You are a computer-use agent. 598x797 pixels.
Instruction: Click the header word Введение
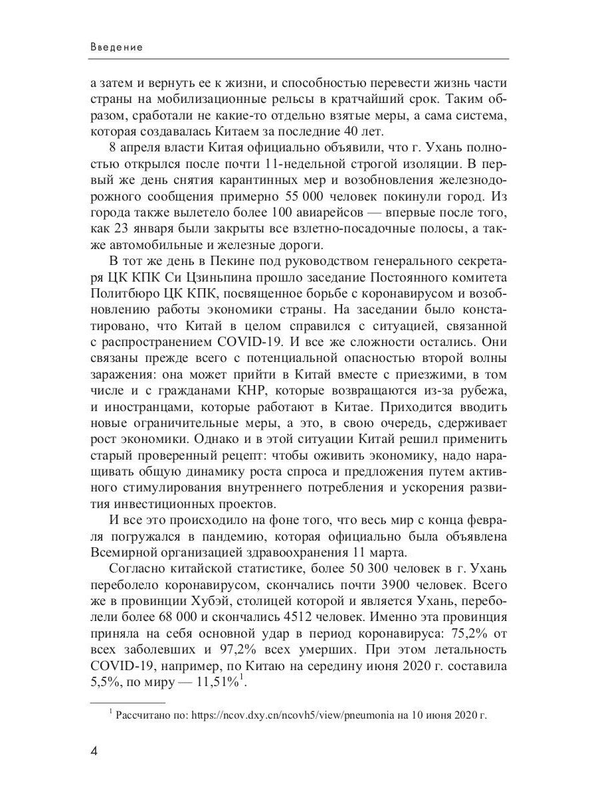[x=116, y=48]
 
